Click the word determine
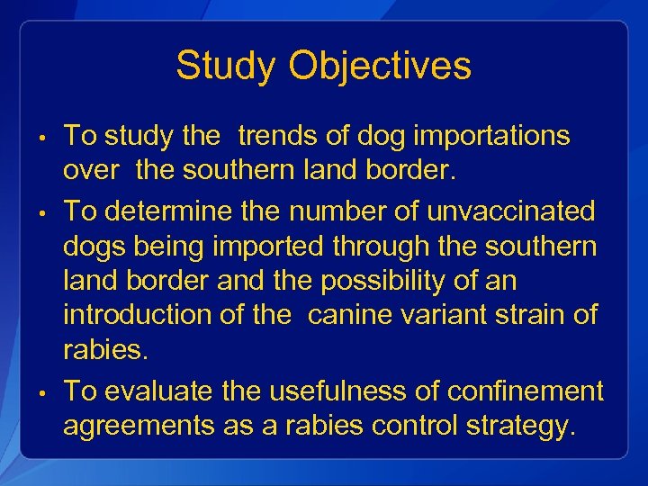[175, 211]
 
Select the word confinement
[526, 391]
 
